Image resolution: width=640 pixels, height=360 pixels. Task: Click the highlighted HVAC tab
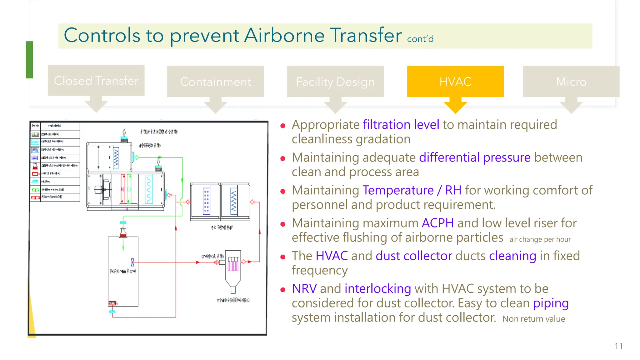455,82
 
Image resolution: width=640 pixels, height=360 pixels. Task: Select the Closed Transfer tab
96,81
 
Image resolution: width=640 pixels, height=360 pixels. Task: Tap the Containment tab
215,82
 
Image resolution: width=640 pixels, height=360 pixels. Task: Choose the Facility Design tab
335,82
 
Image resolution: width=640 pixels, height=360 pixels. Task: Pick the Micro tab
571,82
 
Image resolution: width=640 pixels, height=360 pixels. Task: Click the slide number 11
618,346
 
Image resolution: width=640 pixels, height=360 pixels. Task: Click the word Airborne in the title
284,35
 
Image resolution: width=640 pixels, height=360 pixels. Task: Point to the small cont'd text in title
420,39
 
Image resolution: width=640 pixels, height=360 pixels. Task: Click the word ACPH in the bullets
437,223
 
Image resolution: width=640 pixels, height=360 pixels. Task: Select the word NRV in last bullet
304,288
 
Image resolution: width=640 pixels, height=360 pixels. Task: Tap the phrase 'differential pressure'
474,157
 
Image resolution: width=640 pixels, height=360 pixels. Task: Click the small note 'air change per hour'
540,239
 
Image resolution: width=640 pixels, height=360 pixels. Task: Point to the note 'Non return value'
533,319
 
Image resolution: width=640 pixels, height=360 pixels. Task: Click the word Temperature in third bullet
398,190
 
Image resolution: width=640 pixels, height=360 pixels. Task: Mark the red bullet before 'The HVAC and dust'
283,257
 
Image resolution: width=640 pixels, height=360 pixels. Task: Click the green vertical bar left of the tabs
29,60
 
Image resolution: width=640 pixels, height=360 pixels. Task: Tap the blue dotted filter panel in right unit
206,201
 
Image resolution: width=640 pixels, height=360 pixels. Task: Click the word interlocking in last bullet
377,288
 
